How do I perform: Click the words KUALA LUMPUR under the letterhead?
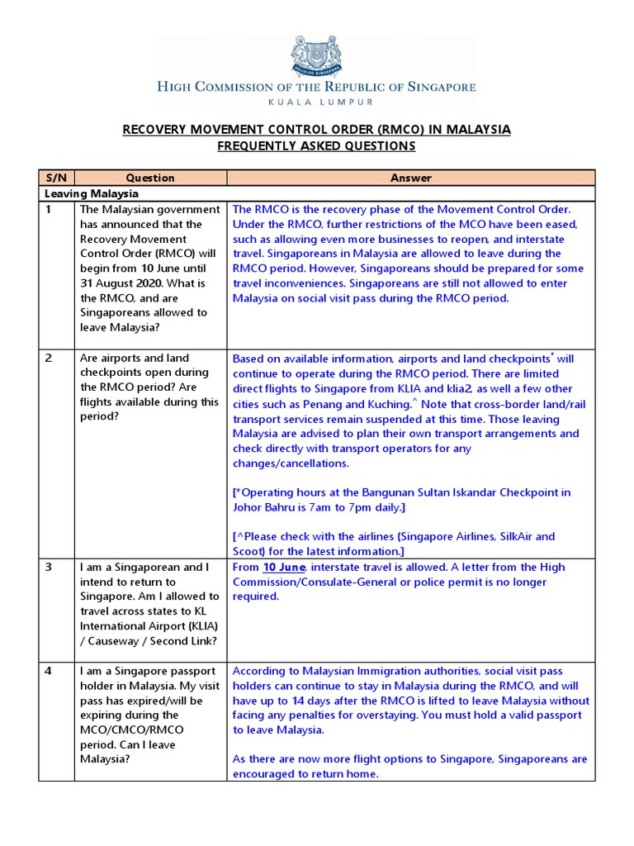(x=316, y=102)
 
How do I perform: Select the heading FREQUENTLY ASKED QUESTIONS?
(x=316, y=146)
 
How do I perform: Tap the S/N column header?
(x=56, y=178)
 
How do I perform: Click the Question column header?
(x=150, y=178)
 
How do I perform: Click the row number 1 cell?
(x=49, y=210)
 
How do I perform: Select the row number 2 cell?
(x=49, y=359)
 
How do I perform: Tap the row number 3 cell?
(x=49, y=568)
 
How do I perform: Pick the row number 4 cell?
(x=49, y=671)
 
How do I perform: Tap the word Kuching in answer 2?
(x=388, y=404)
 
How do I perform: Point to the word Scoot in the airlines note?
(x=249, y=552)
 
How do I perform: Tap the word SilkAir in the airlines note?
(x=513, y=537)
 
